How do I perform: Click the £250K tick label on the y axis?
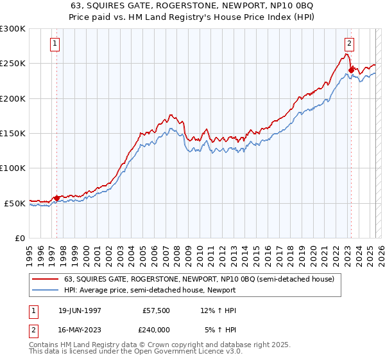tap(13, 64)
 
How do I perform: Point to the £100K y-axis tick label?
tap(13, 168)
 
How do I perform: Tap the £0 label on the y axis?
tap(20, 238)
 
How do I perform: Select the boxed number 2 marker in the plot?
tap(350, 44)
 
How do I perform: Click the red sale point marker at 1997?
tap(56, 198)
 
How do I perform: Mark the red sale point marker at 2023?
tap(351, 71)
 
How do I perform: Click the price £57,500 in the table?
tap(157, 310)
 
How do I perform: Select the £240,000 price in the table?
tap(157, 329)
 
